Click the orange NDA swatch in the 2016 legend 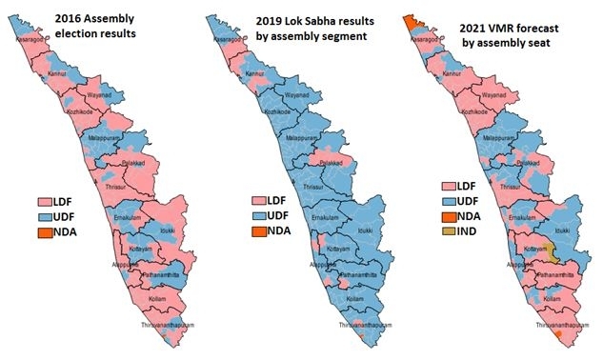point(44,231)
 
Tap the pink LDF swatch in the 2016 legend point(44,202)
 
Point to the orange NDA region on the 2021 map point(413,22)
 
